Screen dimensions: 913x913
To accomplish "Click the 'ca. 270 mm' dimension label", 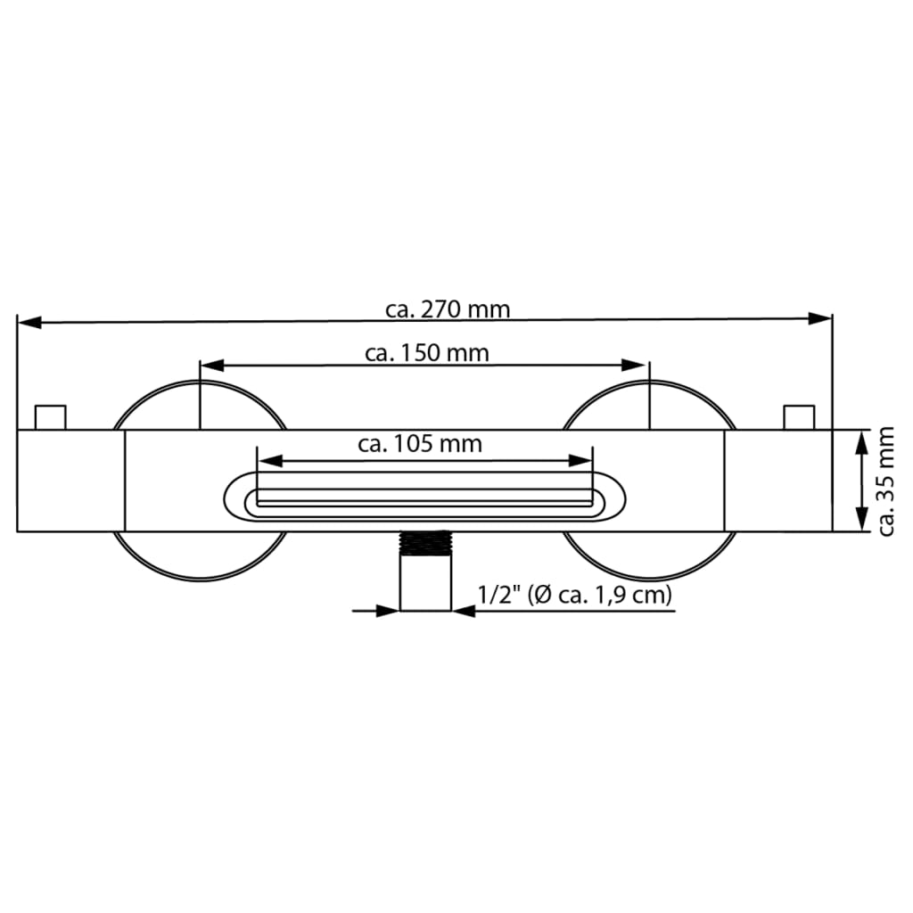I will (x=448, y=309).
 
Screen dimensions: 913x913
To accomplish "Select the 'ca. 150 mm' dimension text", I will (x=427, y=353).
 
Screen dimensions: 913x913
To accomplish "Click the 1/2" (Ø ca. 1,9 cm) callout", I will (x=574, y=595).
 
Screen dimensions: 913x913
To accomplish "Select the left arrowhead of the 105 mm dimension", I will (x=268, y=461).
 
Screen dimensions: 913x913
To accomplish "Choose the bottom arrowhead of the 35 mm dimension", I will (x=861, y=522).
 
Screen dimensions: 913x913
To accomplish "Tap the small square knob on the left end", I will (x=50, y=417).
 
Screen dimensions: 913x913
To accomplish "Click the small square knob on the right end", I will (x=799, y=417).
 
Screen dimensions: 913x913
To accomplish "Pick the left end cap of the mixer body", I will (x=70, y=481).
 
